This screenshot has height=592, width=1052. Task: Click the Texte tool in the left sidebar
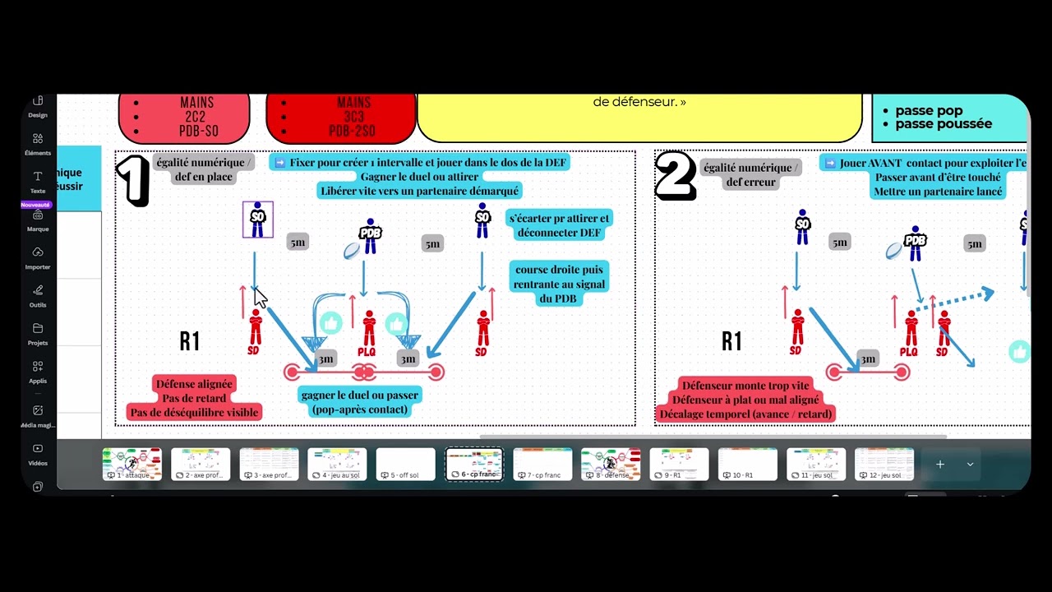click(38, 181)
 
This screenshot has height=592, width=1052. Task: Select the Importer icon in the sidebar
click(38, 257)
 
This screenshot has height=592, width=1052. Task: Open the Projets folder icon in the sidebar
click(38, 332)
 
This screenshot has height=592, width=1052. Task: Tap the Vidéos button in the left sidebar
click(38, 453)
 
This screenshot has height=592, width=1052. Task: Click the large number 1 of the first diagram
click(132, 180)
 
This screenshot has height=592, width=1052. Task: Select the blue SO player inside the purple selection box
click(258, 220)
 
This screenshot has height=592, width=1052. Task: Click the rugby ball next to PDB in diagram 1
click(352, 251)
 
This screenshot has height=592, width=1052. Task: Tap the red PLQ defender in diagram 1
click(369, 329)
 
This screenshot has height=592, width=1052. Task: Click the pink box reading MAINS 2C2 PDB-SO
click(184, 118)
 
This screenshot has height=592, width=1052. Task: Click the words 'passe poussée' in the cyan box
click(944, 124)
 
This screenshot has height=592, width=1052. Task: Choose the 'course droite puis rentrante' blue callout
click(559, 284)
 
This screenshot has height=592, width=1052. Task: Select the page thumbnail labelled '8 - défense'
click(611, 465)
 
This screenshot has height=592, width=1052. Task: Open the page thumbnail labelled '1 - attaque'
click(132, 465)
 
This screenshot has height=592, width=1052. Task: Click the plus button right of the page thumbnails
click(939, 465)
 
